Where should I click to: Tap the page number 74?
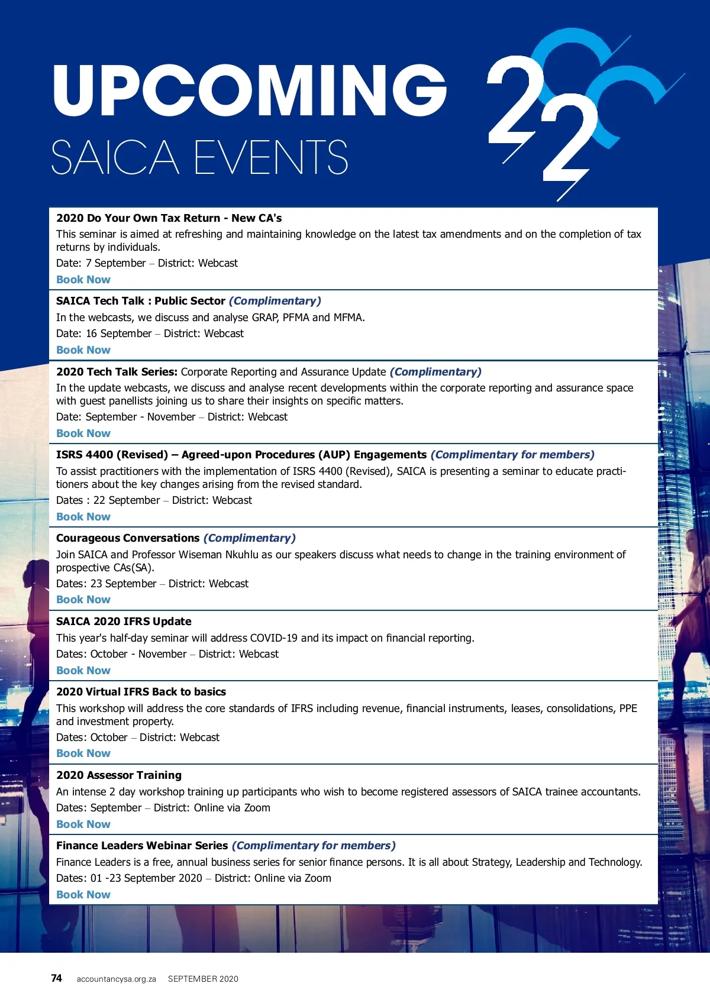coord(56,978)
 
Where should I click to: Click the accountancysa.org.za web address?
coord(116,979)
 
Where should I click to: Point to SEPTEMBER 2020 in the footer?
coord(203,979)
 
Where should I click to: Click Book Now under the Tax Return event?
coord(83,280)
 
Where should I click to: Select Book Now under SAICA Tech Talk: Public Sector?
coord(83,350)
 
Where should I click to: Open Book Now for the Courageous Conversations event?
coord(83,600)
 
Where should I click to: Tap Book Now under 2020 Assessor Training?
coord(83,824)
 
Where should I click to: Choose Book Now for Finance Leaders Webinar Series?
coord(83,895)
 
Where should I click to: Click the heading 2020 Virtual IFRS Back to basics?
coord(141,692)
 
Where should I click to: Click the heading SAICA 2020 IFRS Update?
coord(124,622)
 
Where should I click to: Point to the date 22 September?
coord(127,500)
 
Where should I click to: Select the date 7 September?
coord(116,263)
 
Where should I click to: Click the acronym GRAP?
coord(264,318)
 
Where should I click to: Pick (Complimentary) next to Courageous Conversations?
coord(249,538)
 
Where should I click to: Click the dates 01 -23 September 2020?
coord(146,878)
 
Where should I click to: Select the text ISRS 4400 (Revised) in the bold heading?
coord(112,455)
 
